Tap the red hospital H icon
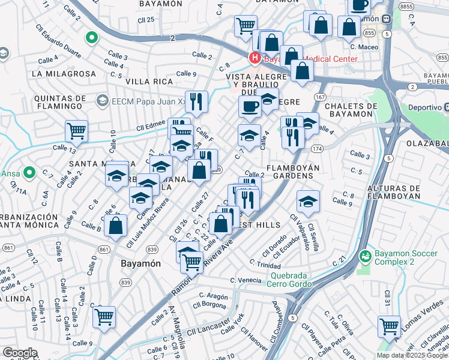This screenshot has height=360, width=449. pos(255,58)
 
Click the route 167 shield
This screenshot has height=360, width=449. pos(320,97)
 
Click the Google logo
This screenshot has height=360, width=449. pos(19,353)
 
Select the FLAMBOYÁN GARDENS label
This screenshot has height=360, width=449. pos(290,172)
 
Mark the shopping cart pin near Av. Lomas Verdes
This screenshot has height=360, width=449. pos(389,326)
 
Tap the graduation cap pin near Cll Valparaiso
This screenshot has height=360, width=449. pos(308,201)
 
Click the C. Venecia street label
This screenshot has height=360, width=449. pos(246,280)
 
